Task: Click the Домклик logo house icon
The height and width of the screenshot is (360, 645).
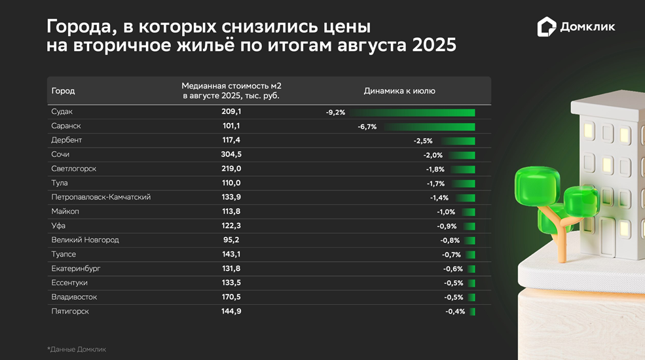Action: (x=547, y=27)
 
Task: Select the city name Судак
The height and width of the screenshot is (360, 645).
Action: (x=62, y=112)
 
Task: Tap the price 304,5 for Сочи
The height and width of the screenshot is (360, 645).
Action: (x=231, y=154)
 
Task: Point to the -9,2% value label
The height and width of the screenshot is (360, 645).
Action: (x=335, y=113)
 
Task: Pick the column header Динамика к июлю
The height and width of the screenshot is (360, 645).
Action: (x=399, y=91)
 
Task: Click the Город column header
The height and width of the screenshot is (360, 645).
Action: (x=63, y=91)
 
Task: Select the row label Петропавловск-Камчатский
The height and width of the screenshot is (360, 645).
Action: (x=101, y=197)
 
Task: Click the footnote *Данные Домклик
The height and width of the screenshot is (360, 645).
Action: (x=77, y=350)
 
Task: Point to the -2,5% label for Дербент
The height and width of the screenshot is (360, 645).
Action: (x=423, y=141)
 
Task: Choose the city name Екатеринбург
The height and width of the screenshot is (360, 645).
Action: (x=76, y=268)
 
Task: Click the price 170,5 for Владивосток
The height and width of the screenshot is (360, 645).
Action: (x=231, y=297)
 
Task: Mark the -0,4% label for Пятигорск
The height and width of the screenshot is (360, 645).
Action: (x=455, y=312)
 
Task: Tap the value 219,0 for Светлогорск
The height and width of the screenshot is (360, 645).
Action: (x=231, y=169)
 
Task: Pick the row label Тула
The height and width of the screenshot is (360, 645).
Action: (x=60, y=183)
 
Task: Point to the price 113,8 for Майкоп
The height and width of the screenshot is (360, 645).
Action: (x=231, y=211)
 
